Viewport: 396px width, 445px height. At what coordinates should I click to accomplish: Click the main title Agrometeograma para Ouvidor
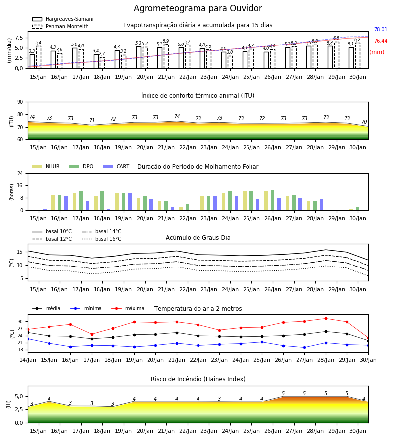click(198, 8)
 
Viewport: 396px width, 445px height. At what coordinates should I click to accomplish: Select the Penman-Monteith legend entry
click(60, 26)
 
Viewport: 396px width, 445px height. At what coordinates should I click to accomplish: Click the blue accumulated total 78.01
click(381, 29)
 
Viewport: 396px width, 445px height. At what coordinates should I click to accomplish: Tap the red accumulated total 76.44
click(381, 41)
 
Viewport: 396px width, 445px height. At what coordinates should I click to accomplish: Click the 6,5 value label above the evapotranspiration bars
click(336, 38)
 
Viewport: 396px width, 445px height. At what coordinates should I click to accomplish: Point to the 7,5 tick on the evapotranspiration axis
click(19, 38)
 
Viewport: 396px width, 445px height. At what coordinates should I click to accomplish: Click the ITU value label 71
click(92, 120)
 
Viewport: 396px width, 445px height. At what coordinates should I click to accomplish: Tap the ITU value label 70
click(364, 122)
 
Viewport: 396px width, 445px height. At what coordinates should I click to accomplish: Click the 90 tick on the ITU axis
click(20, 102)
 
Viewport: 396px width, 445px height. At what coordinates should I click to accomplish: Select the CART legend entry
click(116, 166)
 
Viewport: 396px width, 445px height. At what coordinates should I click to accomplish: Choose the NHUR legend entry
click(46, 166)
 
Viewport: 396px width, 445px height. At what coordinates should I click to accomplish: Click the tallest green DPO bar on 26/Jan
click(273, 200)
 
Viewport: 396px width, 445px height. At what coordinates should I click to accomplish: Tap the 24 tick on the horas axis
click(20, 173)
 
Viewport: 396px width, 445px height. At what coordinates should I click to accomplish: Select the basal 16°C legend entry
click(101, 239)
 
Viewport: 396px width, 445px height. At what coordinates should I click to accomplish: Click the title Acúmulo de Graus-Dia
click(198, 237)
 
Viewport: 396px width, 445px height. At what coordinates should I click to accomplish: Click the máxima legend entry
click(128, 308)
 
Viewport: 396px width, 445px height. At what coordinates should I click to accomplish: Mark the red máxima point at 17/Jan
click(92, 334)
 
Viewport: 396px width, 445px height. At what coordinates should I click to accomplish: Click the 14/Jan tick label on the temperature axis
click(28, 360)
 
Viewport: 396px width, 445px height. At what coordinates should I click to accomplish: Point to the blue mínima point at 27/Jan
click(304, 348)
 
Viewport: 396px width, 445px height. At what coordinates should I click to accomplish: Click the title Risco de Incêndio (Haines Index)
click(198, 379)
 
